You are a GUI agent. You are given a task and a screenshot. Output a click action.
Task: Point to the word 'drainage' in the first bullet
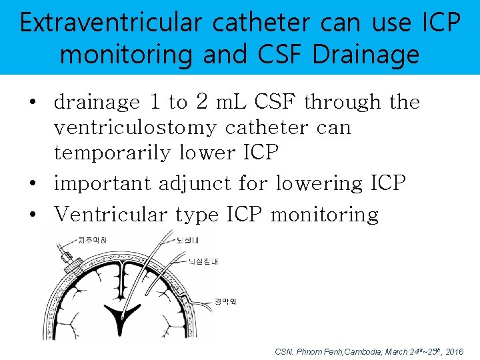point(97,102)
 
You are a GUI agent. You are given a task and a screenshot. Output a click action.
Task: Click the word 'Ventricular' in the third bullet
point(111,215)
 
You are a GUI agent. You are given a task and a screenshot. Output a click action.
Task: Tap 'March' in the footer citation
point(400,351)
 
